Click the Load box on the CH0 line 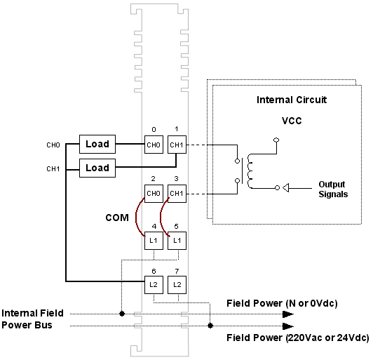tap(97, 144)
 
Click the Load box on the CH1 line tap(97, 168)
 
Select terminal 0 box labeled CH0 tap(154, 145)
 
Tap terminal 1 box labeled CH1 tap(177, 145)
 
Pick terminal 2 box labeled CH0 tap(154, 194)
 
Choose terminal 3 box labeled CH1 tap(177, 194)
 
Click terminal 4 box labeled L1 tap(154, 241)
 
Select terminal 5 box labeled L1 tap(177, 241)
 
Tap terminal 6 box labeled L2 tap(154, 285)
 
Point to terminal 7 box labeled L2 tap(177, 285)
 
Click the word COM tap(117, 218)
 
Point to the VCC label tap(292, 121)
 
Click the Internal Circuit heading tap(292, 100)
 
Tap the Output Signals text tap(333, 189)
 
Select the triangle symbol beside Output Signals tap(285, 188)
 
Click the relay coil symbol tap(250, 171)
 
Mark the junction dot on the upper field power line tap(122, 314)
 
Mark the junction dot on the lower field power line tap(210, 326)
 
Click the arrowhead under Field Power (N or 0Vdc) tap(288, 314)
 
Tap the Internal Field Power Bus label tap(32, 319)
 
